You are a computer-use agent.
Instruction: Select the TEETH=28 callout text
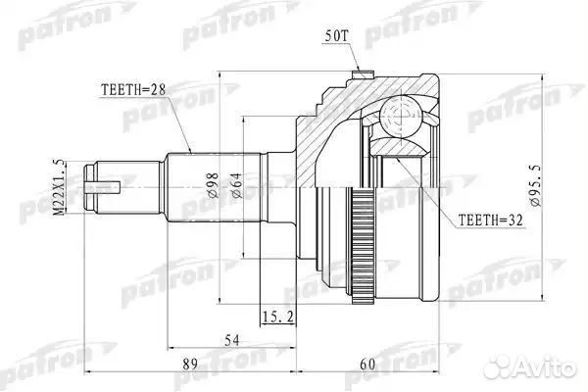click(135, 89)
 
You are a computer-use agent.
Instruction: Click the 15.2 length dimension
click(277, 316)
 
